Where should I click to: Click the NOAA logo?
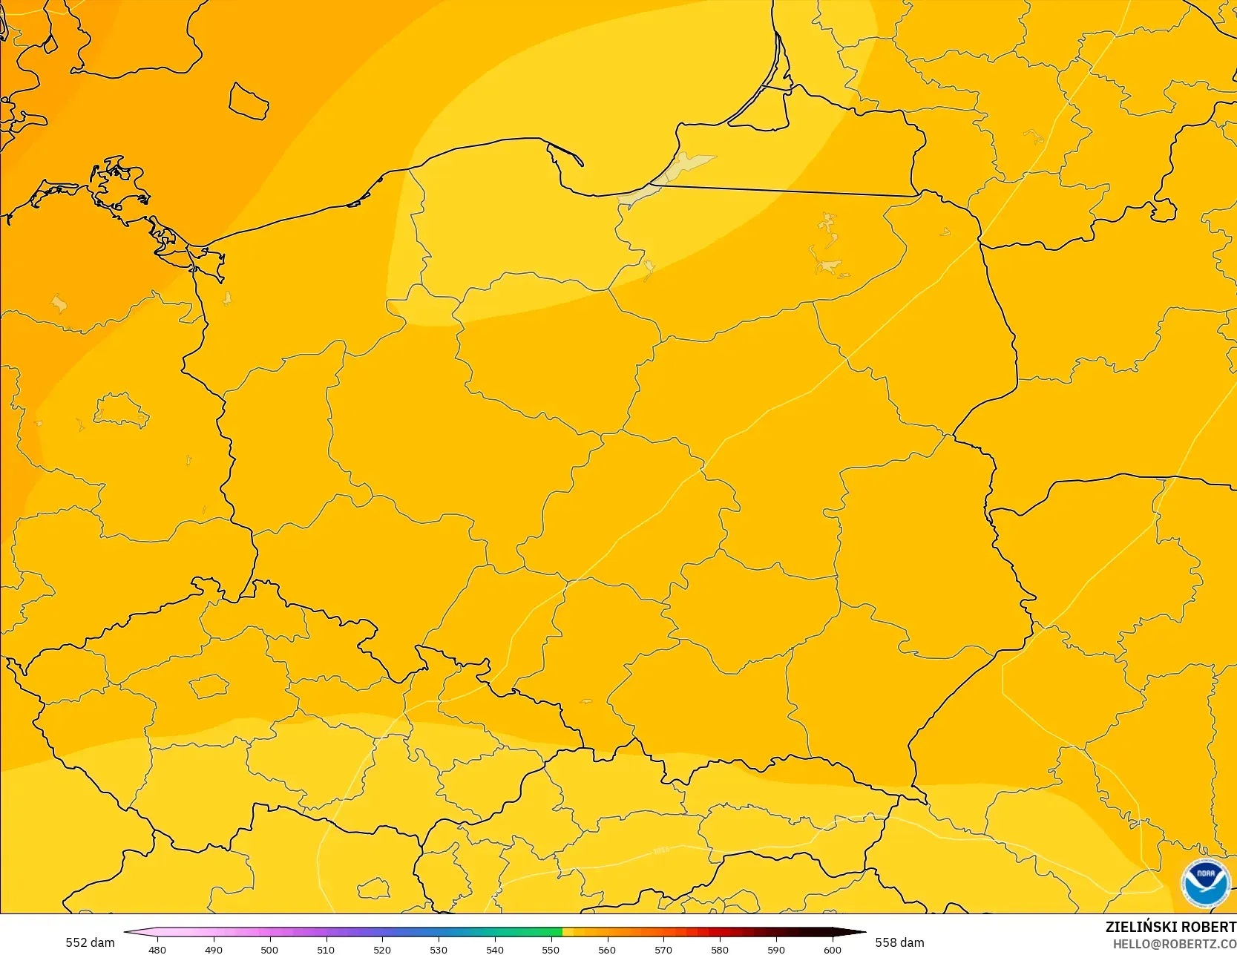click(x=1205, y=882)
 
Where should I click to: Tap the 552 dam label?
click(x=90, y=942)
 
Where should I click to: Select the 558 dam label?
click(x=899, y=942)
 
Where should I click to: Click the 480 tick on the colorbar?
click(x=157, y=949)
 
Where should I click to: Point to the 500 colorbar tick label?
click(x=269, y=949)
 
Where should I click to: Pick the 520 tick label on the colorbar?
click(x=382, y=949)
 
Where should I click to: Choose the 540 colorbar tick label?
click(x=495, y=949)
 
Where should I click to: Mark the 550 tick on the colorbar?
click(x=551, y=949)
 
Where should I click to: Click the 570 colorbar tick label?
click(x=663, y=949)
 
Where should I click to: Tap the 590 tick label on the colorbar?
click(x=776, y=949)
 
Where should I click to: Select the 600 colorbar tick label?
click(x=833, y=949)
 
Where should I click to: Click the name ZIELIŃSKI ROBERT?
click(x=1170, y=927)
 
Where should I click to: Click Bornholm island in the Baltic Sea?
click(x=248, y=101)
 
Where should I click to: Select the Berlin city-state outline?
click(x=120, y=410)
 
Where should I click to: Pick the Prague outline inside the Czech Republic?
click(x=209, y=686)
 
